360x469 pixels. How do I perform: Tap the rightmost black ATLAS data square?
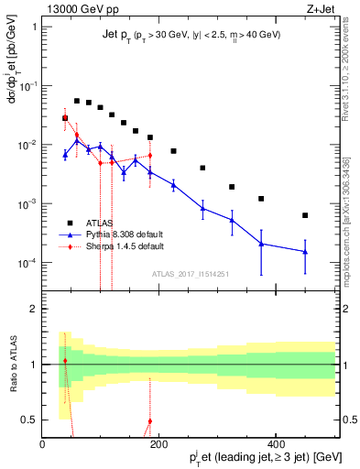pos(305,215)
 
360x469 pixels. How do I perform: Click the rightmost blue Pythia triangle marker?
pos(305,252)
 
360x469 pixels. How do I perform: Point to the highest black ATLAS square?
pos(77,101)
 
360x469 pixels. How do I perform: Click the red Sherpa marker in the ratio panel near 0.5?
pos(149,421)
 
